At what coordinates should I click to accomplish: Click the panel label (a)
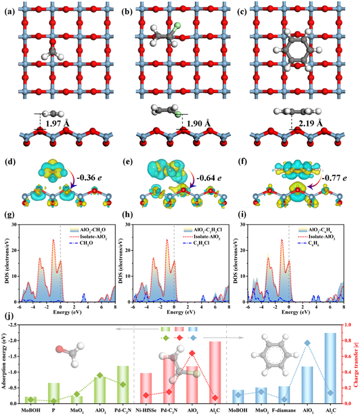click(10, 10)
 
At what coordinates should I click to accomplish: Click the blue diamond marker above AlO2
click(307, 343)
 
